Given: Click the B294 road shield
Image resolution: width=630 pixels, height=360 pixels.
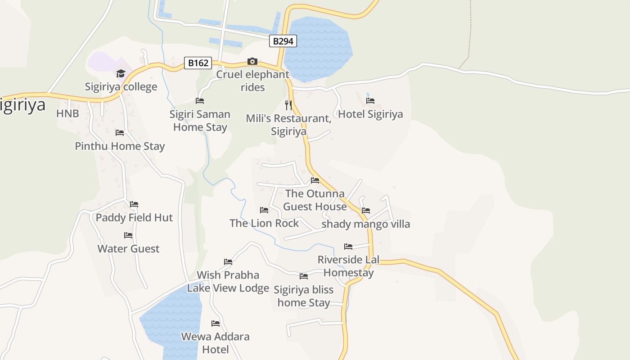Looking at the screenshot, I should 283,41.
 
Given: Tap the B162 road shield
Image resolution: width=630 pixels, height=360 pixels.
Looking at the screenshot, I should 198,63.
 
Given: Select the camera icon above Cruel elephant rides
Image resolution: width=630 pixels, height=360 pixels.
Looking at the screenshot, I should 252,61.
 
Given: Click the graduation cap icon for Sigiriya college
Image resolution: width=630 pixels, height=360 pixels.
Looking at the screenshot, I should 121,73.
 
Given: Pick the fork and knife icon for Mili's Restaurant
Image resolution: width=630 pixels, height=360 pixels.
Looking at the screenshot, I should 288,105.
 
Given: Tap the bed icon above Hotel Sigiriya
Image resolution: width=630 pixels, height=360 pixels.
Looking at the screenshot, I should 370,101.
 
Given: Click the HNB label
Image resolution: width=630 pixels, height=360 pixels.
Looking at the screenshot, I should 67,113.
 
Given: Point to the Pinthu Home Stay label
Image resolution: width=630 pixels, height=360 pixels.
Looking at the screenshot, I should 120,146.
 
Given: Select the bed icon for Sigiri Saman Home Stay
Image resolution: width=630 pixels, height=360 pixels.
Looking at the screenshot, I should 200,101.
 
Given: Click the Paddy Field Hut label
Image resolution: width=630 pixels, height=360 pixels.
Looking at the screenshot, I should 134,218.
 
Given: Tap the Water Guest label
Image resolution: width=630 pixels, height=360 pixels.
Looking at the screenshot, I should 128,249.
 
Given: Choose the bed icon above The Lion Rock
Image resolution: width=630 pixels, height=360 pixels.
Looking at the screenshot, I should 264,210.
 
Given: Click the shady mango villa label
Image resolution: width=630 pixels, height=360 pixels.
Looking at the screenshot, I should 365,224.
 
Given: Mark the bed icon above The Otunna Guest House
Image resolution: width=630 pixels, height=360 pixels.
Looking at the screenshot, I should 315,180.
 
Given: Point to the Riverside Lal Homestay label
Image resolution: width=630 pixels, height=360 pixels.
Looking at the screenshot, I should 348,266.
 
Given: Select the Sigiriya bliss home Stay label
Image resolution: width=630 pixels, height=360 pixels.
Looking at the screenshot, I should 304,296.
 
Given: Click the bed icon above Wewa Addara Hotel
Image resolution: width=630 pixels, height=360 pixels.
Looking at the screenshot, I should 216,323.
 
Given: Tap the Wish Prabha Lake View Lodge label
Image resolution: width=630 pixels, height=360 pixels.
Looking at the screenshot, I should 228,281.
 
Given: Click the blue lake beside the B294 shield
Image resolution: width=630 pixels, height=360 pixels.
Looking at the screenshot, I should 319,49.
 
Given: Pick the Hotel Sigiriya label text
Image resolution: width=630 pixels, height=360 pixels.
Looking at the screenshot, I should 370,114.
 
